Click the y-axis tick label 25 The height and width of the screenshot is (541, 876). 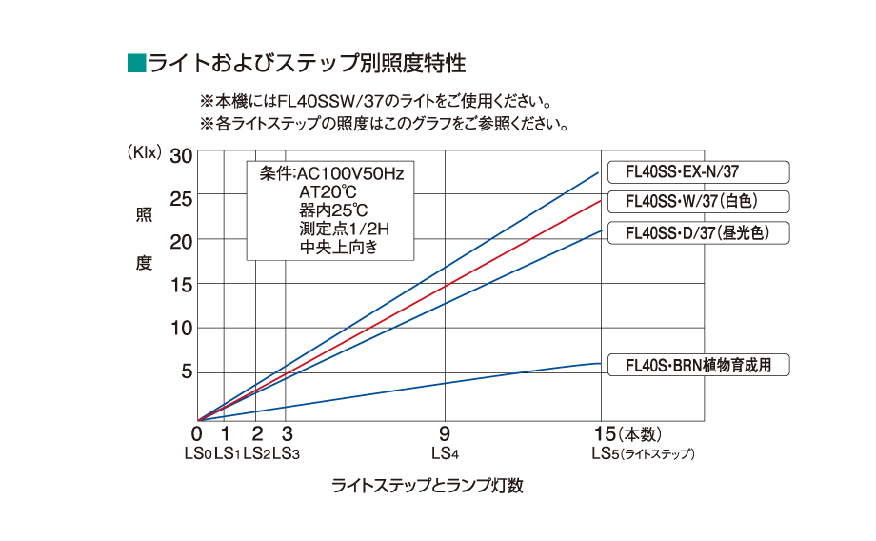click(x=180, y=199)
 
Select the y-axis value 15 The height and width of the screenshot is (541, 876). click(x=180, y=285)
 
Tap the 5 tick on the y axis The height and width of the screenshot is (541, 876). click(x=187, y=371)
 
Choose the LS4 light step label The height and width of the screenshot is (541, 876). click(x=445, y=454)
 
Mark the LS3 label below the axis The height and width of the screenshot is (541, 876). click(x=286, y=454)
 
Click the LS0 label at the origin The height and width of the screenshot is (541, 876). click(x=197, y=454)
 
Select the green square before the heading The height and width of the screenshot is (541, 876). click(x=134, y=64)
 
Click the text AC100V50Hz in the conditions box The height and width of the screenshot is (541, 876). click(x=350, y=174)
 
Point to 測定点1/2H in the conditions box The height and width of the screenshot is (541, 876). click(x=345, y=230)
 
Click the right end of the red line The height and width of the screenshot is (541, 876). click(x=600, y=201)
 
